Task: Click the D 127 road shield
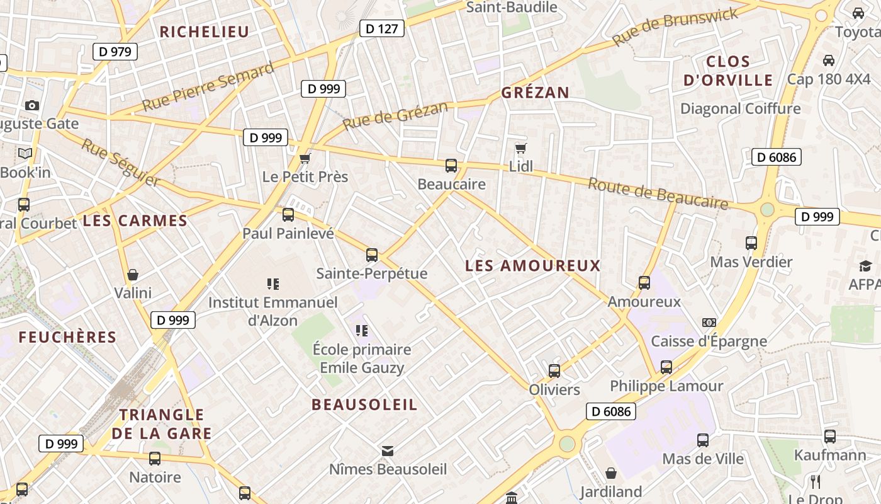click(382, 28)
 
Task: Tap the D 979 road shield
click(115, 52)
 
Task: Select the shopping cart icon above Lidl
click(520, 148)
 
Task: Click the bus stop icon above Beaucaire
click(451, 166)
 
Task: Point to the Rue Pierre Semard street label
click(208, 86)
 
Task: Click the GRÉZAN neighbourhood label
click(535, 93)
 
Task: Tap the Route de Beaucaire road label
click(658, 193)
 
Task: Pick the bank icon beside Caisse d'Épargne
click(709, 323)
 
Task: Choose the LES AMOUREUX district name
click(533, 266)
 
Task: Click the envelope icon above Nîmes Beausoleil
click(388, 450)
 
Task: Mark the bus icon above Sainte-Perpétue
click(372, 255)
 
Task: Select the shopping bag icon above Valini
click(133, 275)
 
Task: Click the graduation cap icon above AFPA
click(865, 266)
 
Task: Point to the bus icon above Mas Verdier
click(751, 243)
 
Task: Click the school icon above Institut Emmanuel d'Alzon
click(272, 284)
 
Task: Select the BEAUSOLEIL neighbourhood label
click(364, 404)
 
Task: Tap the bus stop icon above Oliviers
click(554, 371)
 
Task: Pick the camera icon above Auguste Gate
click(32, 105)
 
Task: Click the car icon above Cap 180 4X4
click(829, 60)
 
